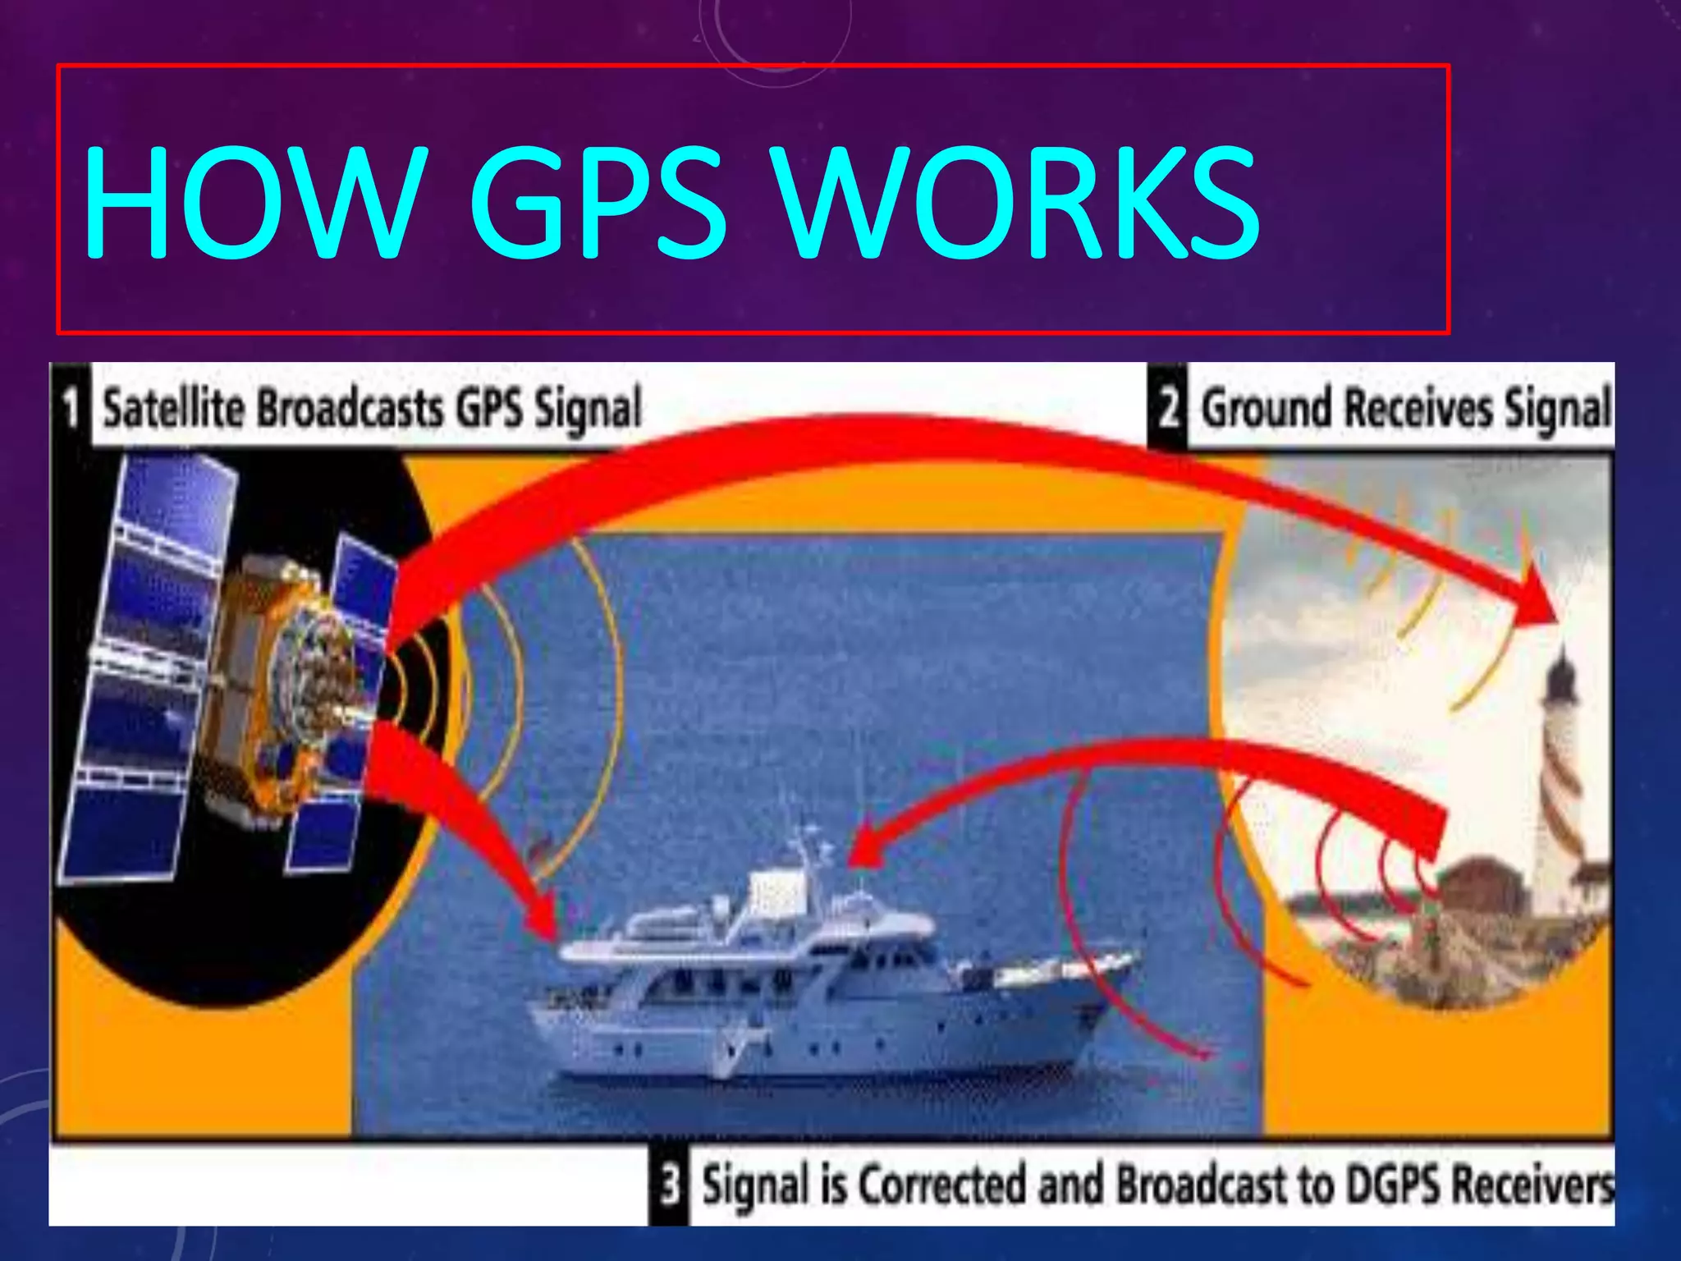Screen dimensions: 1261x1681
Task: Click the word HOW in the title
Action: pos(254,203)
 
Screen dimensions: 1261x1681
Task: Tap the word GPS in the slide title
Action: pos(598,203)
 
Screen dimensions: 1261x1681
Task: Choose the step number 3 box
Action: pos(670,1185)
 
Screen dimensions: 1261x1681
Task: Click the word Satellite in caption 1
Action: pos(173,408)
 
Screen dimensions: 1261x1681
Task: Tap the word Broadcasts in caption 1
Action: pos(350,408)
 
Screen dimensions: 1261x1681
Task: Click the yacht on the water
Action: pos(821,985)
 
